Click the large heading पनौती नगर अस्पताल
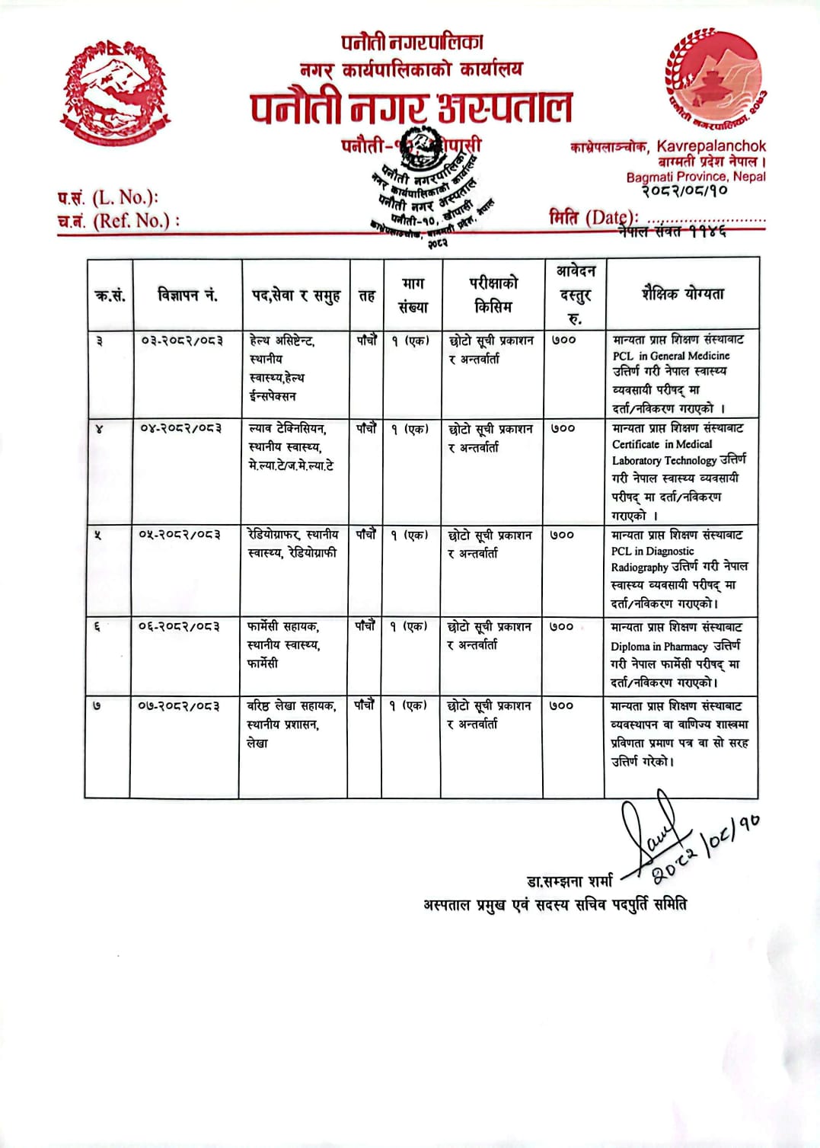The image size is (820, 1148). point(411,107)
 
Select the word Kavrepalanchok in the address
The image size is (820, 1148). point(711,145)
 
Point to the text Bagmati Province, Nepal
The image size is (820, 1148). point(696,177)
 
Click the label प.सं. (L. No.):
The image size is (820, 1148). point(107,197)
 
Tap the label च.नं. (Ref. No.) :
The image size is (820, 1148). point(119,221)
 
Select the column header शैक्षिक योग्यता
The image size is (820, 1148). point(682,294)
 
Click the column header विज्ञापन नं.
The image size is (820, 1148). point(187,295)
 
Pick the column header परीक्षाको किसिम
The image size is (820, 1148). point(493,295)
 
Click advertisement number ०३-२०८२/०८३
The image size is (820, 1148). point(182,341)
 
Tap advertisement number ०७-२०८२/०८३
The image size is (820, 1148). point(179,706)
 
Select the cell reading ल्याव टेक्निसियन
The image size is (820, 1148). point(287,429)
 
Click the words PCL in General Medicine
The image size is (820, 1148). point(671,356)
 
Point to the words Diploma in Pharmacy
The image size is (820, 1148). point(659,646)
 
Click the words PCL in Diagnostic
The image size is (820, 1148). point(652,551)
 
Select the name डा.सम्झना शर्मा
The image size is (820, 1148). point(570,881)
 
